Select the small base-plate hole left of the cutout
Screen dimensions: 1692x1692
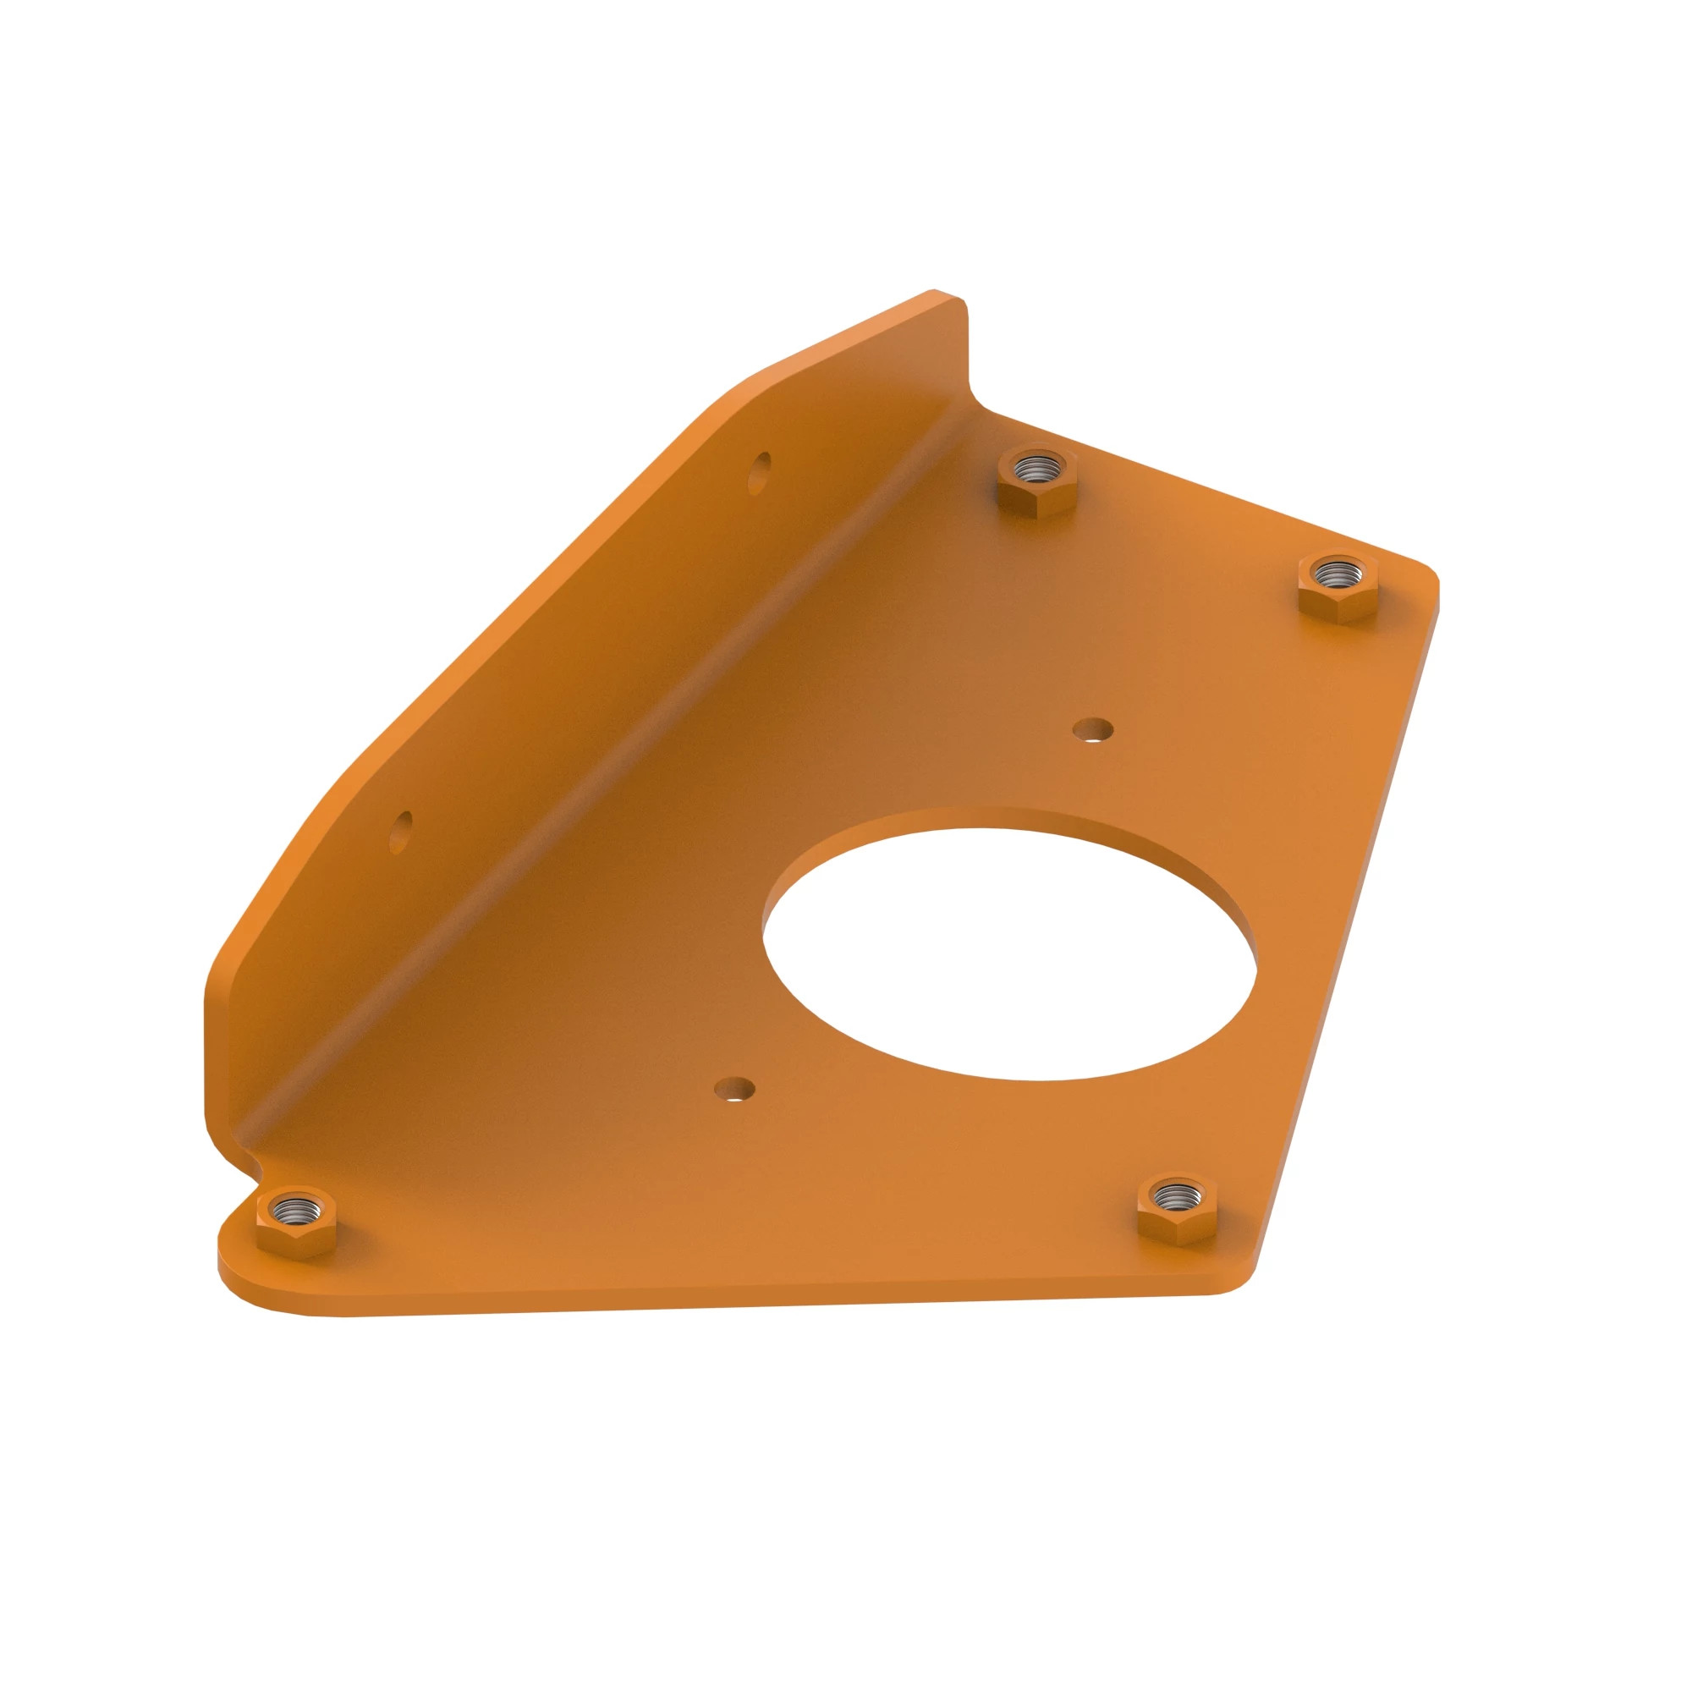(x=735, y=1089)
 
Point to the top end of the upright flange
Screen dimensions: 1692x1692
(x=950, y=302)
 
